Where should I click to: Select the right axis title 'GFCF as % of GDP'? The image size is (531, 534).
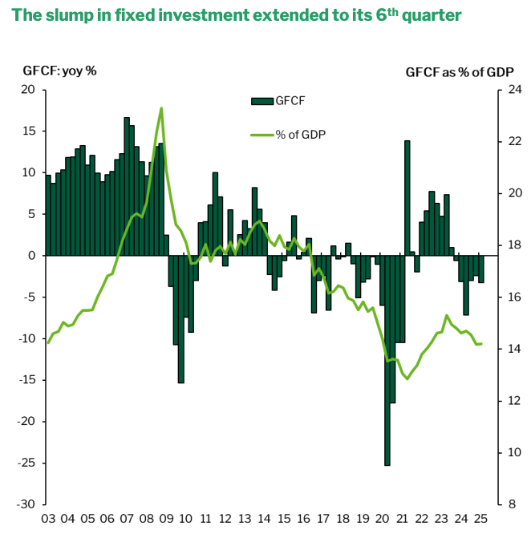tap(459, 71)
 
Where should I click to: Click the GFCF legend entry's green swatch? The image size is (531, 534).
tap(262, 100)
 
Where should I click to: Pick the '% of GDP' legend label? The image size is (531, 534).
tap(301, 134)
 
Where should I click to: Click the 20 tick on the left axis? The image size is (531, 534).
tap(27, 90)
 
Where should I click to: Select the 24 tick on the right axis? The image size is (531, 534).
tap(503, 90)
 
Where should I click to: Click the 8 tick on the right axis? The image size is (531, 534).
tap(500, 504)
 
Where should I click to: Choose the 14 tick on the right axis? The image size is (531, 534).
tap(503, 349)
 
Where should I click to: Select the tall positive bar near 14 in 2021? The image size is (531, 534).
tap(407, 197)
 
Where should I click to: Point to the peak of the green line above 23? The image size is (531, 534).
tap(162, 108)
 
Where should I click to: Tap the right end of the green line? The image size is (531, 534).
tap(481, 344)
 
